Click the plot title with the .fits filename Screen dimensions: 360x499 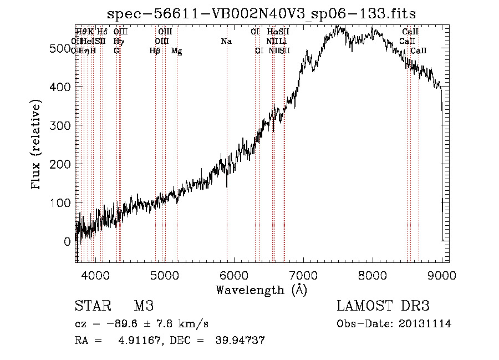click(261, 13)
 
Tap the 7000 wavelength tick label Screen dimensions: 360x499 click(303, 274)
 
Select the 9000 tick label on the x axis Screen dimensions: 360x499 click(442, 274)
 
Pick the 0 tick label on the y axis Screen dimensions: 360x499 click(67, 242)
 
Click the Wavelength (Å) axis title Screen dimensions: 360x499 click(261, 289)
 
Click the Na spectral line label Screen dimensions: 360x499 click(226, 42)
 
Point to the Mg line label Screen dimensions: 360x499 click(176, 51)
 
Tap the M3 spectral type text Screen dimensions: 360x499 click(144, 306)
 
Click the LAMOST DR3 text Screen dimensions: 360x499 click(383, 306)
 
